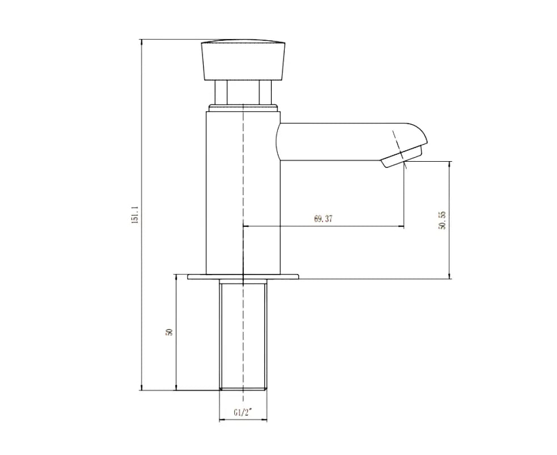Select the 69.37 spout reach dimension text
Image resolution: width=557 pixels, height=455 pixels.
(x=323, y=219)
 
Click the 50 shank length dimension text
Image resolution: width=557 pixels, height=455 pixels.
(x=168, y=332)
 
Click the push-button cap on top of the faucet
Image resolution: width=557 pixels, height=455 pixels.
(x=242, y=60)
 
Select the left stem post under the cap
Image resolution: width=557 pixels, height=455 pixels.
(x=221, y=92)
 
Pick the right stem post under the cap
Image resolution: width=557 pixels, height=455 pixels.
(x=264, y=92)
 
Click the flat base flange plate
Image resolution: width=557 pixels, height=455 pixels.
(x=243, y=276)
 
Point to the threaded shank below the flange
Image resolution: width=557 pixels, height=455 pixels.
(x=243, y=335)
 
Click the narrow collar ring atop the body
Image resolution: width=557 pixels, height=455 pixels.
(x=243, y=106)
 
